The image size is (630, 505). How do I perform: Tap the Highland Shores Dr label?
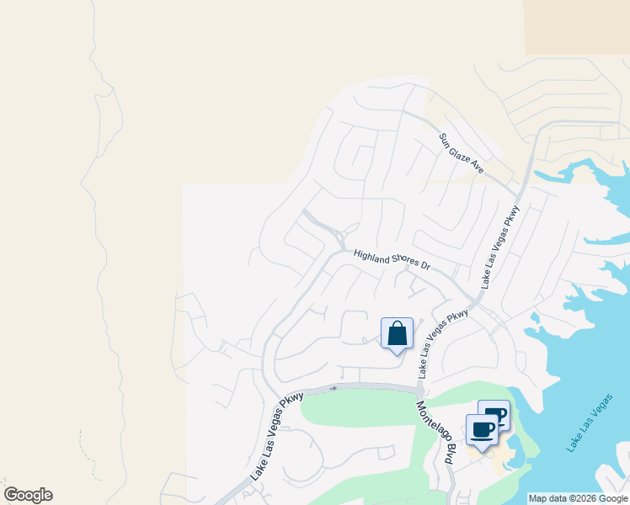392,259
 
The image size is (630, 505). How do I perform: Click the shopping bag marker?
397,334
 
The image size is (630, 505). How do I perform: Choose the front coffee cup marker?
482,430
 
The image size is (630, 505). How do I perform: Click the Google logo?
28,495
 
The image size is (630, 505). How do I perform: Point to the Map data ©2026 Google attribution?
578,498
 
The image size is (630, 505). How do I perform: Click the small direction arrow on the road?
334,388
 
